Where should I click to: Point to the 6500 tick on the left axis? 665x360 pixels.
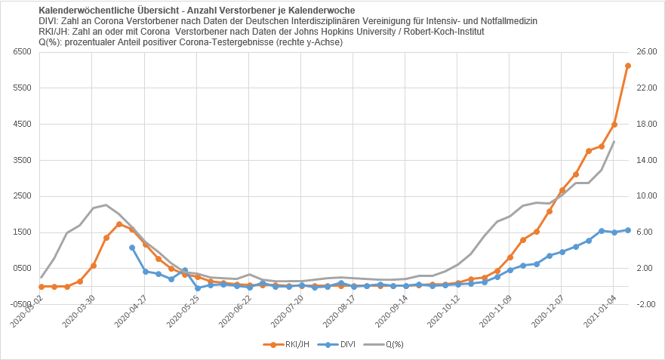(23, 52)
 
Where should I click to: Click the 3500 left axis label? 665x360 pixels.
(23, 160)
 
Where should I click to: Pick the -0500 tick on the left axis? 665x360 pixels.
(23, 304)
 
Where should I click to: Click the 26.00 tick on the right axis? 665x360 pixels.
(647, 52)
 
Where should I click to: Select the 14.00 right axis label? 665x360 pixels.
(647, 160)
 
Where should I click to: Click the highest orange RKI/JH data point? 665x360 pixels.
(628, 66)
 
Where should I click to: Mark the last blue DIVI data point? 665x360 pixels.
(628, 230)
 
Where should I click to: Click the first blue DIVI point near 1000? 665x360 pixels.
(132, 248)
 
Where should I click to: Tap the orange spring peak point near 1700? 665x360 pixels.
(119, 224)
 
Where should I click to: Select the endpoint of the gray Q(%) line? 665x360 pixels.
(614, 142)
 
